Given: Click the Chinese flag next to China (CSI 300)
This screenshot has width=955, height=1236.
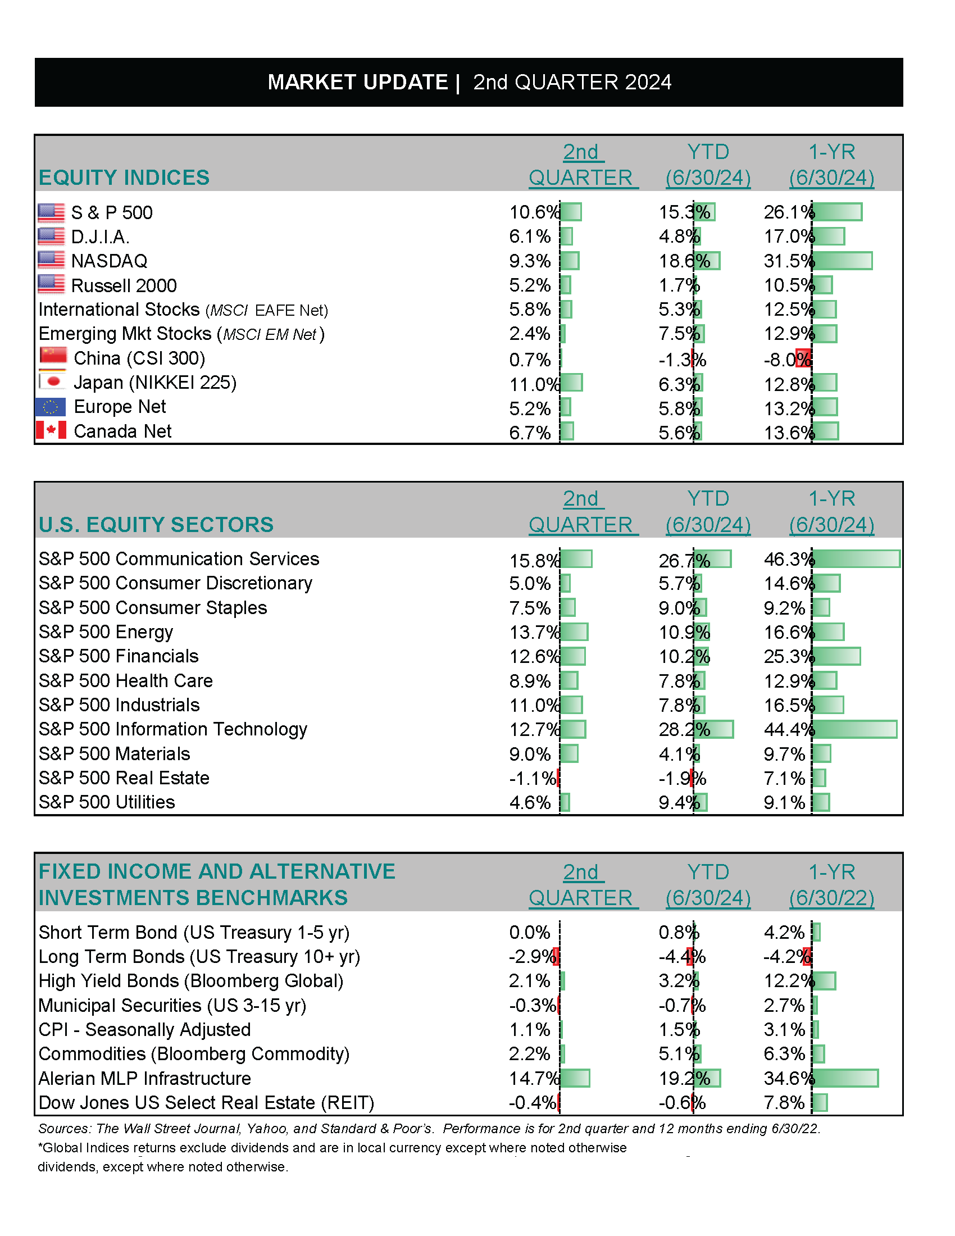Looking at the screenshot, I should [53, 357].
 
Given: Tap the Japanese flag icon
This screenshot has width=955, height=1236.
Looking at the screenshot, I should [53, 381].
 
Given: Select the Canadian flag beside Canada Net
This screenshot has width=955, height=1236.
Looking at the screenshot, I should [51, 430].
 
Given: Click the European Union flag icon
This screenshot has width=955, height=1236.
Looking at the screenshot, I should [51, 406].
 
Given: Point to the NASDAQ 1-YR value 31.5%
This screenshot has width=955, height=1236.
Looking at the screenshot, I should [788, 261].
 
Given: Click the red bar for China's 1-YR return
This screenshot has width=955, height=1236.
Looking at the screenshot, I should [803, 358].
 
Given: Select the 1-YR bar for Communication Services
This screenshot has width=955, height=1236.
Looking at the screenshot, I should [856, 558].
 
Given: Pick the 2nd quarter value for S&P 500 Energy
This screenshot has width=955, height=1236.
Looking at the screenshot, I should [534, 631].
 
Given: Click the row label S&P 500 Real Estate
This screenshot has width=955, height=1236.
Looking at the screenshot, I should [124, 778].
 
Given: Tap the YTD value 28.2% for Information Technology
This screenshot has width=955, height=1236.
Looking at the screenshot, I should [684, 729].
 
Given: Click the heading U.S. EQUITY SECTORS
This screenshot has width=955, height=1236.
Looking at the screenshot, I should [156, 525].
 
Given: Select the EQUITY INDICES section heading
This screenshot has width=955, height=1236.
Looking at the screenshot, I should [124, 177].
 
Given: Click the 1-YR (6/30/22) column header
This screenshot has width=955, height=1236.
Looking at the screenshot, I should [831, 885].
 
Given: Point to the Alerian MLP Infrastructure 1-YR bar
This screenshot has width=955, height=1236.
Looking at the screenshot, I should [845, 1078].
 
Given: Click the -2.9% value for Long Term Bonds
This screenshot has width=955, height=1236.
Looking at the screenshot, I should [532, 956].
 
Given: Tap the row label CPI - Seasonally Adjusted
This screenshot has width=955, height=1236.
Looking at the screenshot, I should [145, 1029].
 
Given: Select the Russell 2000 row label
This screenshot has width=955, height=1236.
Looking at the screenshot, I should [124, 285].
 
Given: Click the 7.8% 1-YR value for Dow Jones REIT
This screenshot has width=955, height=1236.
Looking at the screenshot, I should [784, 1102].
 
